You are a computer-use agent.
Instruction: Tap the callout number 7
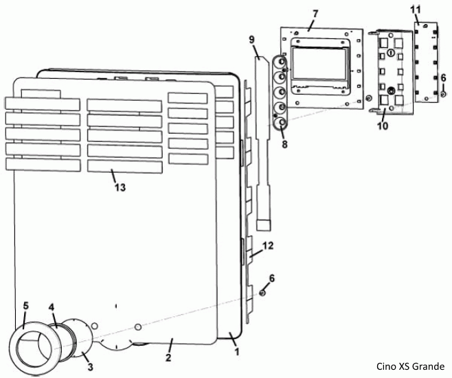point(315,14)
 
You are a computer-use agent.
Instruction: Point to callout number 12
point(269,244)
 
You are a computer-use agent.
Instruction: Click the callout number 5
point(25,305)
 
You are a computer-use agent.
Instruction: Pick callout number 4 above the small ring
point(51,307)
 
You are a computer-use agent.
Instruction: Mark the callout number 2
point(168,357)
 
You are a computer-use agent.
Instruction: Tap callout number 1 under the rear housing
point(237,352)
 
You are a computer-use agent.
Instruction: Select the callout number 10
point(383,126)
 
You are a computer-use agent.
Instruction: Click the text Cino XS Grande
point(410,366)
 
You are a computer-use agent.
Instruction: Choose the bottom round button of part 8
point(281,124)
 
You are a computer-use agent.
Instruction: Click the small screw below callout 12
point(262,293)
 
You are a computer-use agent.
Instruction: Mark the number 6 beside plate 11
point(442,78)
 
